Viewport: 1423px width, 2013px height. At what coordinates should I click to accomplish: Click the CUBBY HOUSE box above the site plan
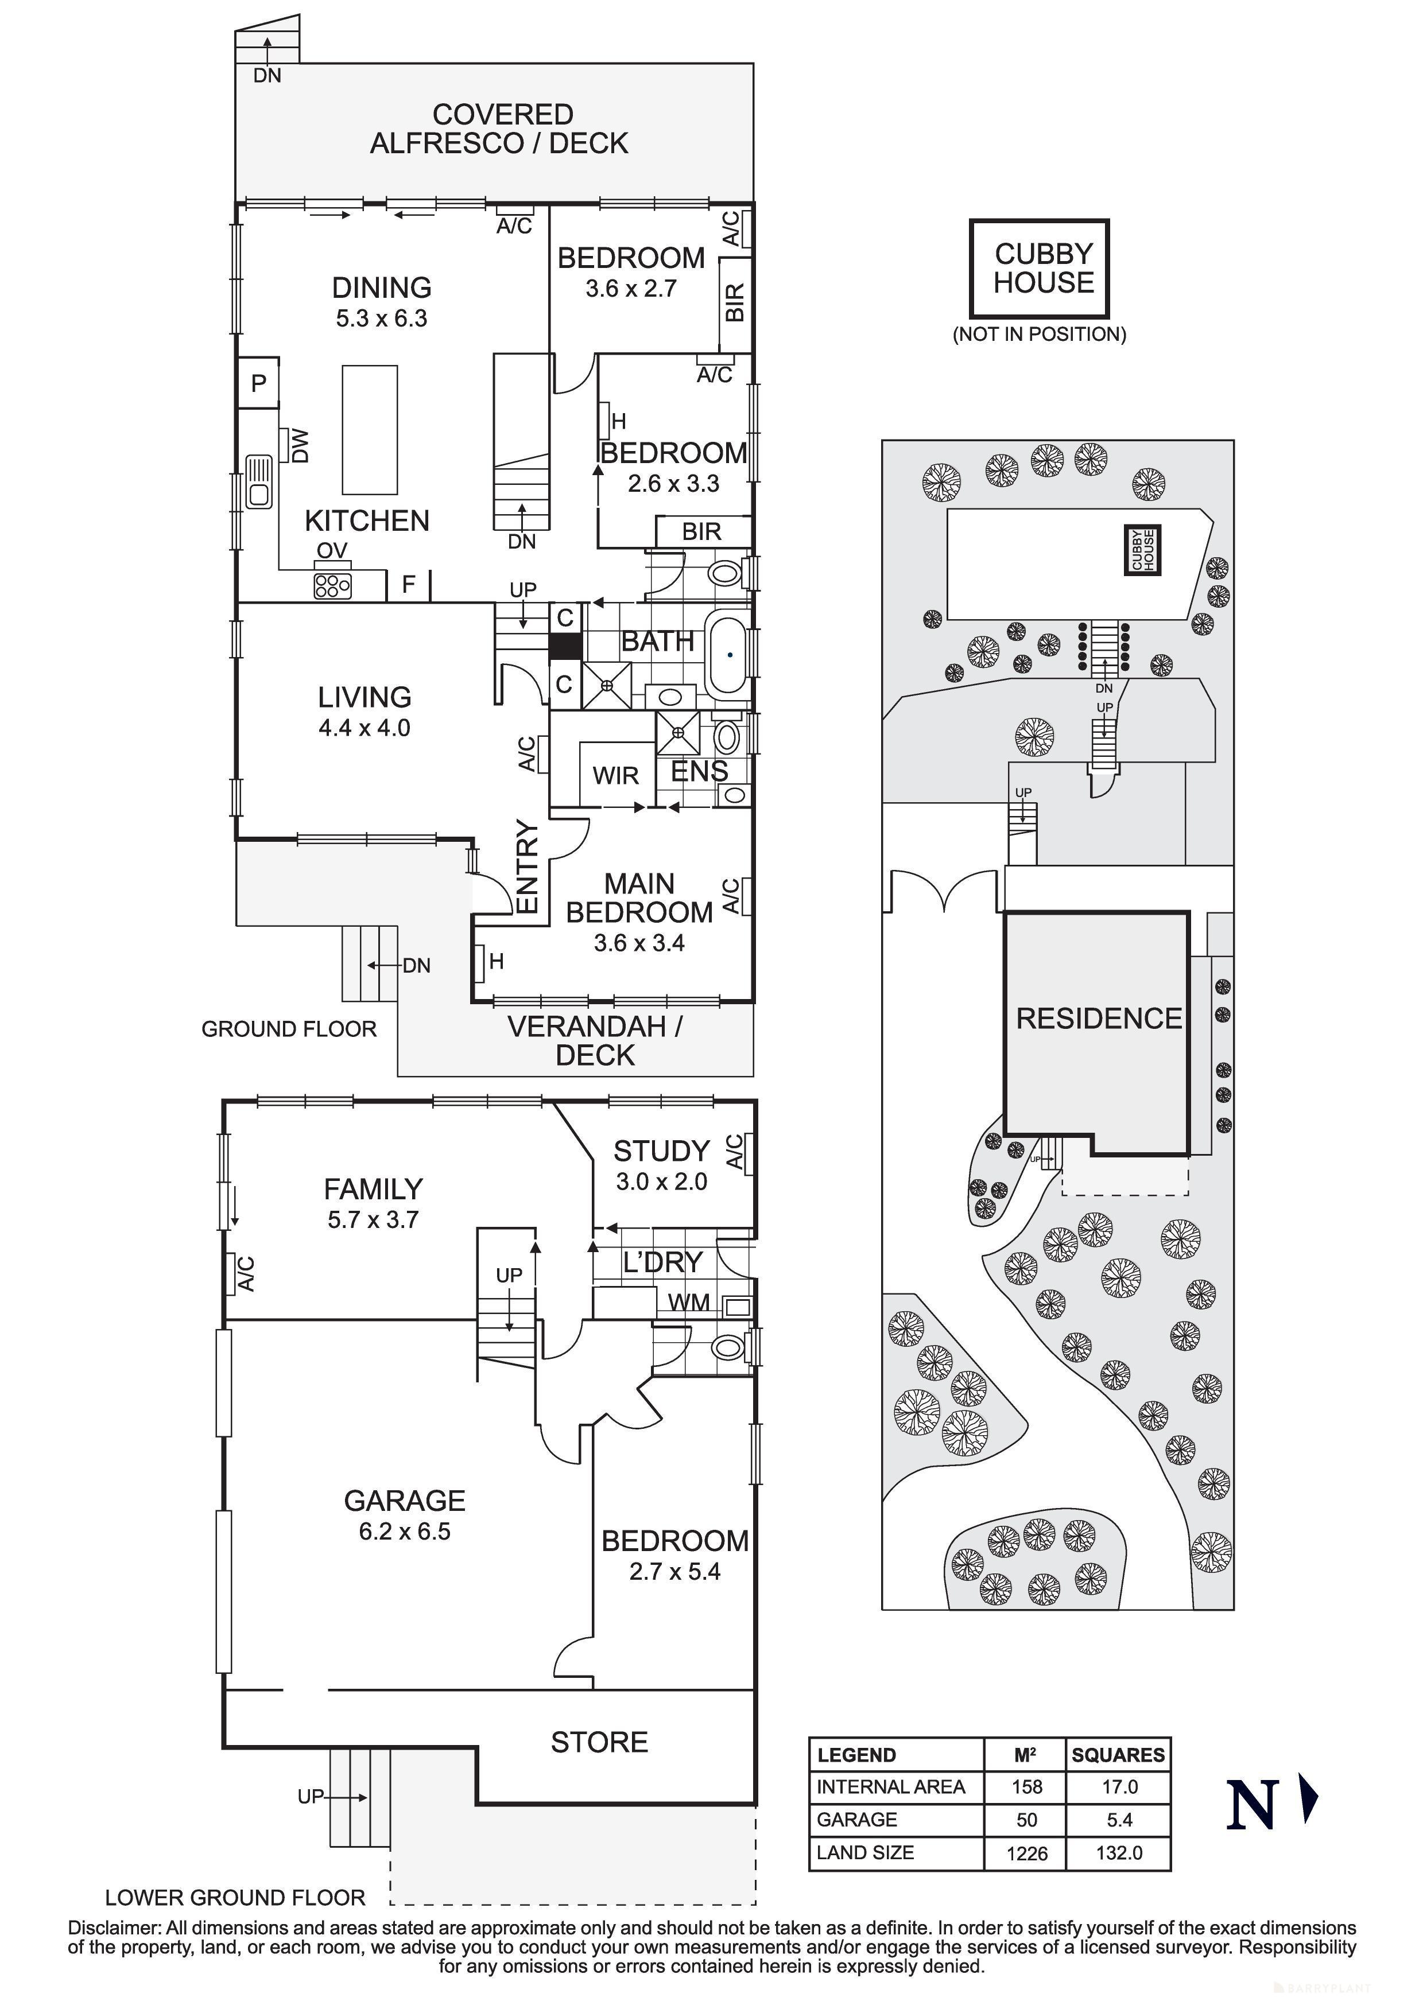pyautogui.click(x=1040, y=269)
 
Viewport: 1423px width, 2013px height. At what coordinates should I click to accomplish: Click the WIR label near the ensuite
pyautogui.click(x=615, y=776)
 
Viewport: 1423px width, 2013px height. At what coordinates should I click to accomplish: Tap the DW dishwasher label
pyautogui.click(x=299, y=445)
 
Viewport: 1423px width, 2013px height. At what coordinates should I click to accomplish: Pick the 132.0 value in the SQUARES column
pyautogui.click(x=1119, y=1852)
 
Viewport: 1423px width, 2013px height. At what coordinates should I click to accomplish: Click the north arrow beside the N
pyautogui.click(x=1308, y=1799)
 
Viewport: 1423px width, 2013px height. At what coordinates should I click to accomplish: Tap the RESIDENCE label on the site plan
pyautogui.click(x=1099, y=1019)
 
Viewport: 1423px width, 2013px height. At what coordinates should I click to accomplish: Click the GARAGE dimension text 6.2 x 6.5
pyautogui.click(x=404, y=1531)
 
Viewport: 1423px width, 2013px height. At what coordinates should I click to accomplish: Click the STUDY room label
pyautogui.click(x=661, y=1151)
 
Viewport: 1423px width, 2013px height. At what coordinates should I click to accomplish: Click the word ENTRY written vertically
pyautogui.click(x=526, y=866)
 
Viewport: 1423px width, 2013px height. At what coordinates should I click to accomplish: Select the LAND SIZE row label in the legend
pyautogui.click(x=866, y=1852)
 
